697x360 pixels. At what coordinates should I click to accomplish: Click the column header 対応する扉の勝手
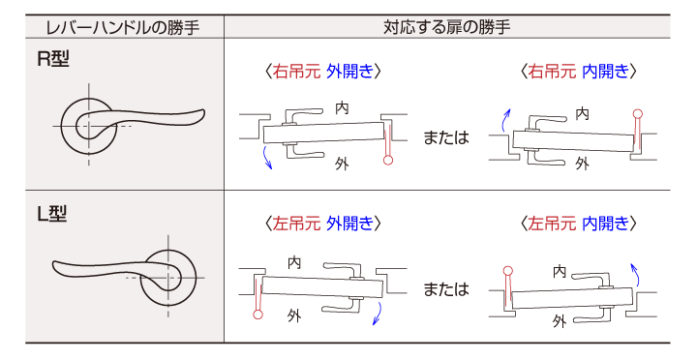(447, 26)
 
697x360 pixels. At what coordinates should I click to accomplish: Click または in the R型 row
(446, 137)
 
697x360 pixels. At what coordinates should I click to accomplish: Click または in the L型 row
(446, 288)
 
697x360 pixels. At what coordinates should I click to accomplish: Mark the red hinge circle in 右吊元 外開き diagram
(388, 162)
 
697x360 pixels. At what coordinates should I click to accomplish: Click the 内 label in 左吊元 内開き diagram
(560, 273)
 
